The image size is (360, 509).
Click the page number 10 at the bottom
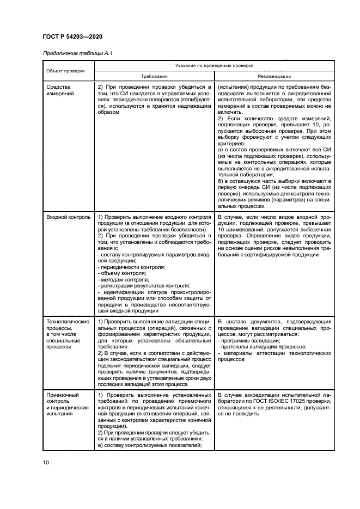pyautogui.click(x=46, y=463)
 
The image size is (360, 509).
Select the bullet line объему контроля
pyautogui.click(x=123, y=273)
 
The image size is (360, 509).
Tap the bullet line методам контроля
pyautogui.click(x=124, y=279)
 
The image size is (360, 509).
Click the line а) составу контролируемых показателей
pyautogui.click(x=146, y=446)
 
